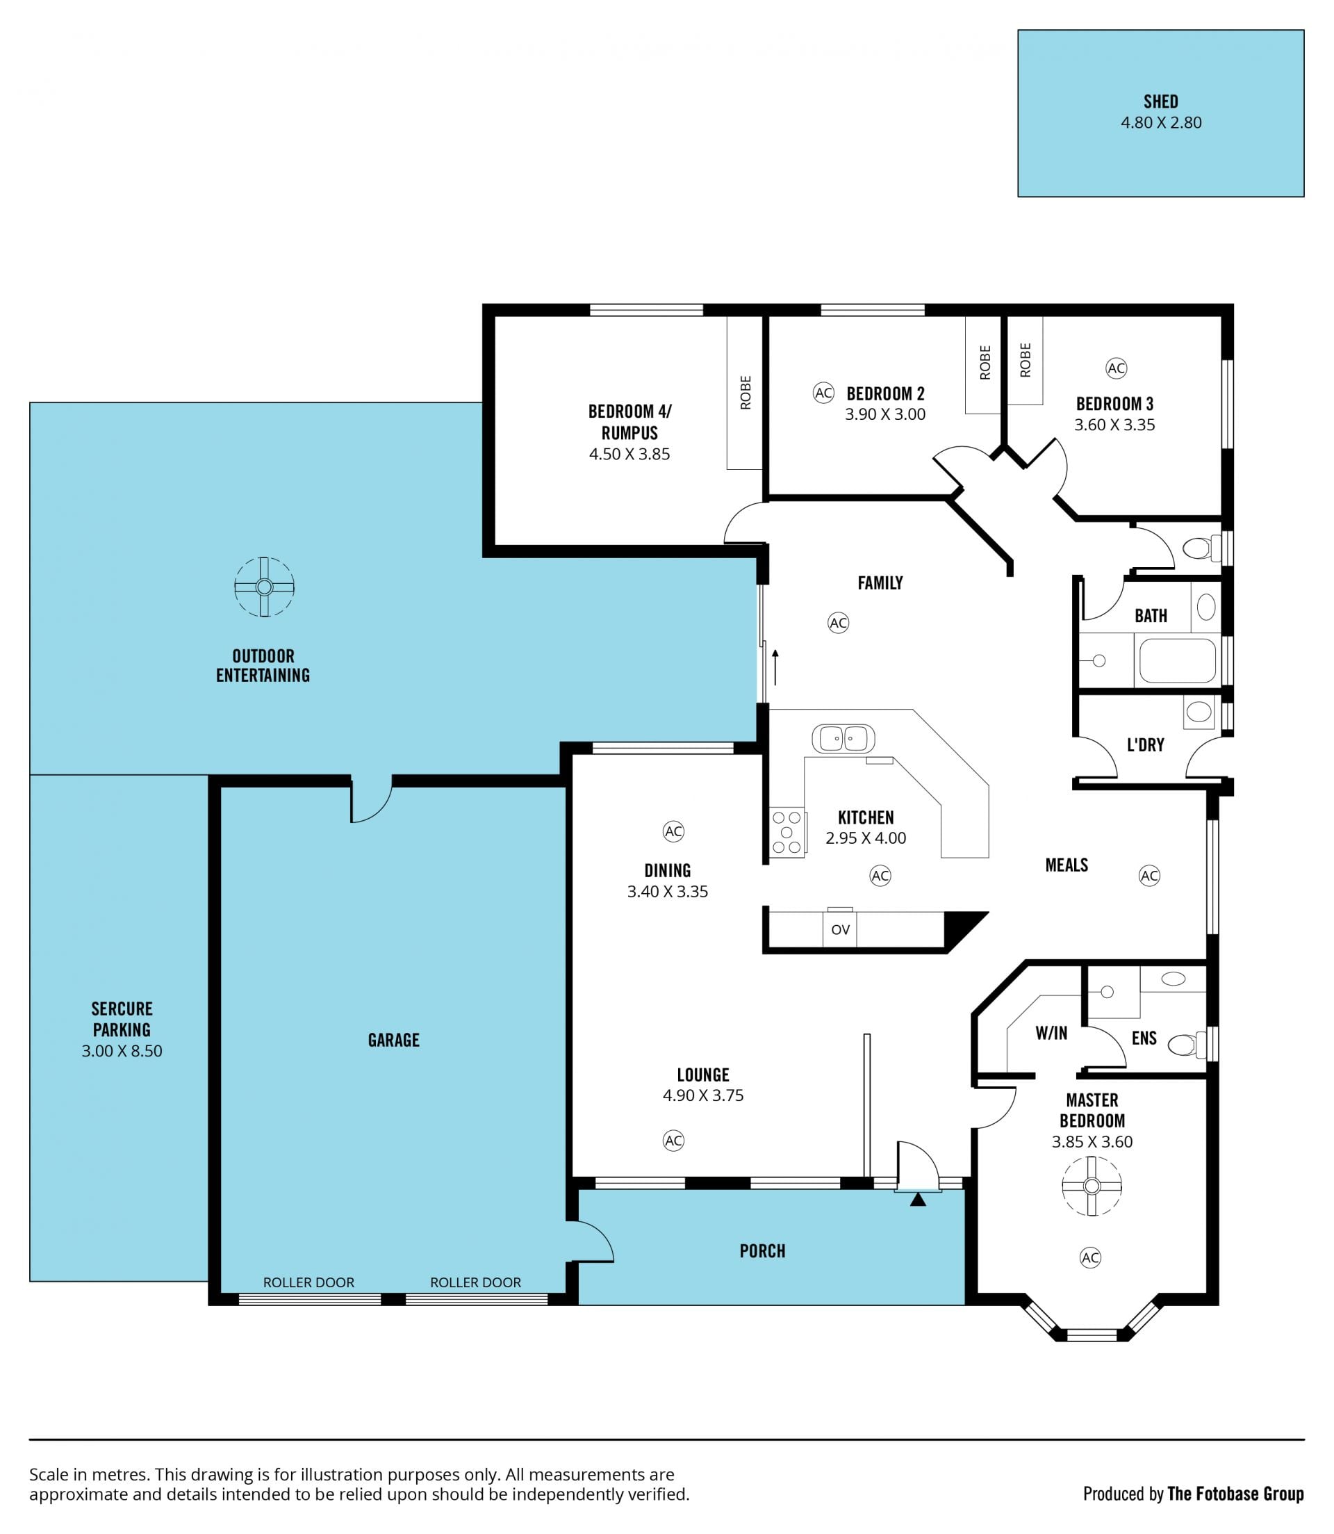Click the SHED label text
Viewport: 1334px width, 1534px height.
(1160, 101)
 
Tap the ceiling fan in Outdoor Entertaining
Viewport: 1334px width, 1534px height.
(264, 587)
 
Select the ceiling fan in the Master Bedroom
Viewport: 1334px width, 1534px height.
(1092, 1186)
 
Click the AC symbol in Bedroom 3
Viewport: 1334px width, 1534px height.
(1116, 368)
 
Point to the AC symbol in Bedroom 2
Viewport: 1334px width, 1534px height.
(823, 393)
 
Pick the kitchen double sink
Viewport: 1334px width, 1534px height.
(843, 739)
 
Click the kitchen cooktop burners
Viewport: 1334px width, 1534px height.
(787, 832)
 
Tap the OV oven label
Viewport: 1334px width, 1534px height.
(841, 929)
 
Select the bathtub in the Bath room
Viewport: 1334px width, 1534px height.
(1177, 660)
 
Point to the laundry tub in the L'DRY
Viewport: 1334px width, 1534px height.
(1199, 712)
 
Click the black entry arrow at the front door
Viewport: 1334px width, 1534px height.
(918, 1200)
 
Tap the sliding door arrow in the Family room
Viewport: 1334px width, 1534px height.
(775, 667)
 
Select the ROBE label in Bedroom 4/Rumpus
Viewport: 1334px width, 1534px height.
(745, 393)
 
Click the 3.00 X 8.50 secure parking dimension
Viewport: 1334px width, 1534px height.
(122, 1051)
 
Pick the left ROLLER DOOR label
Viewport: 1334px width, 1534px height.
(308, 1282)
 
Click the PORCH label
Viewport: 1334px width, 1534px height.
(762, 1251)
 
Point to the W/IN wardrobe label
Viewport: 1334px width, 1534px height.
(1051, 1033)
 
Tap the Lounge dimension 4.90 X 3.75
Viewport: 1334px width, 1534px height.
(702, 1095)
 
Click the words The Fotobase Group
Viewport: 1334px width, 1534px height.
(1236, 1494)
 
